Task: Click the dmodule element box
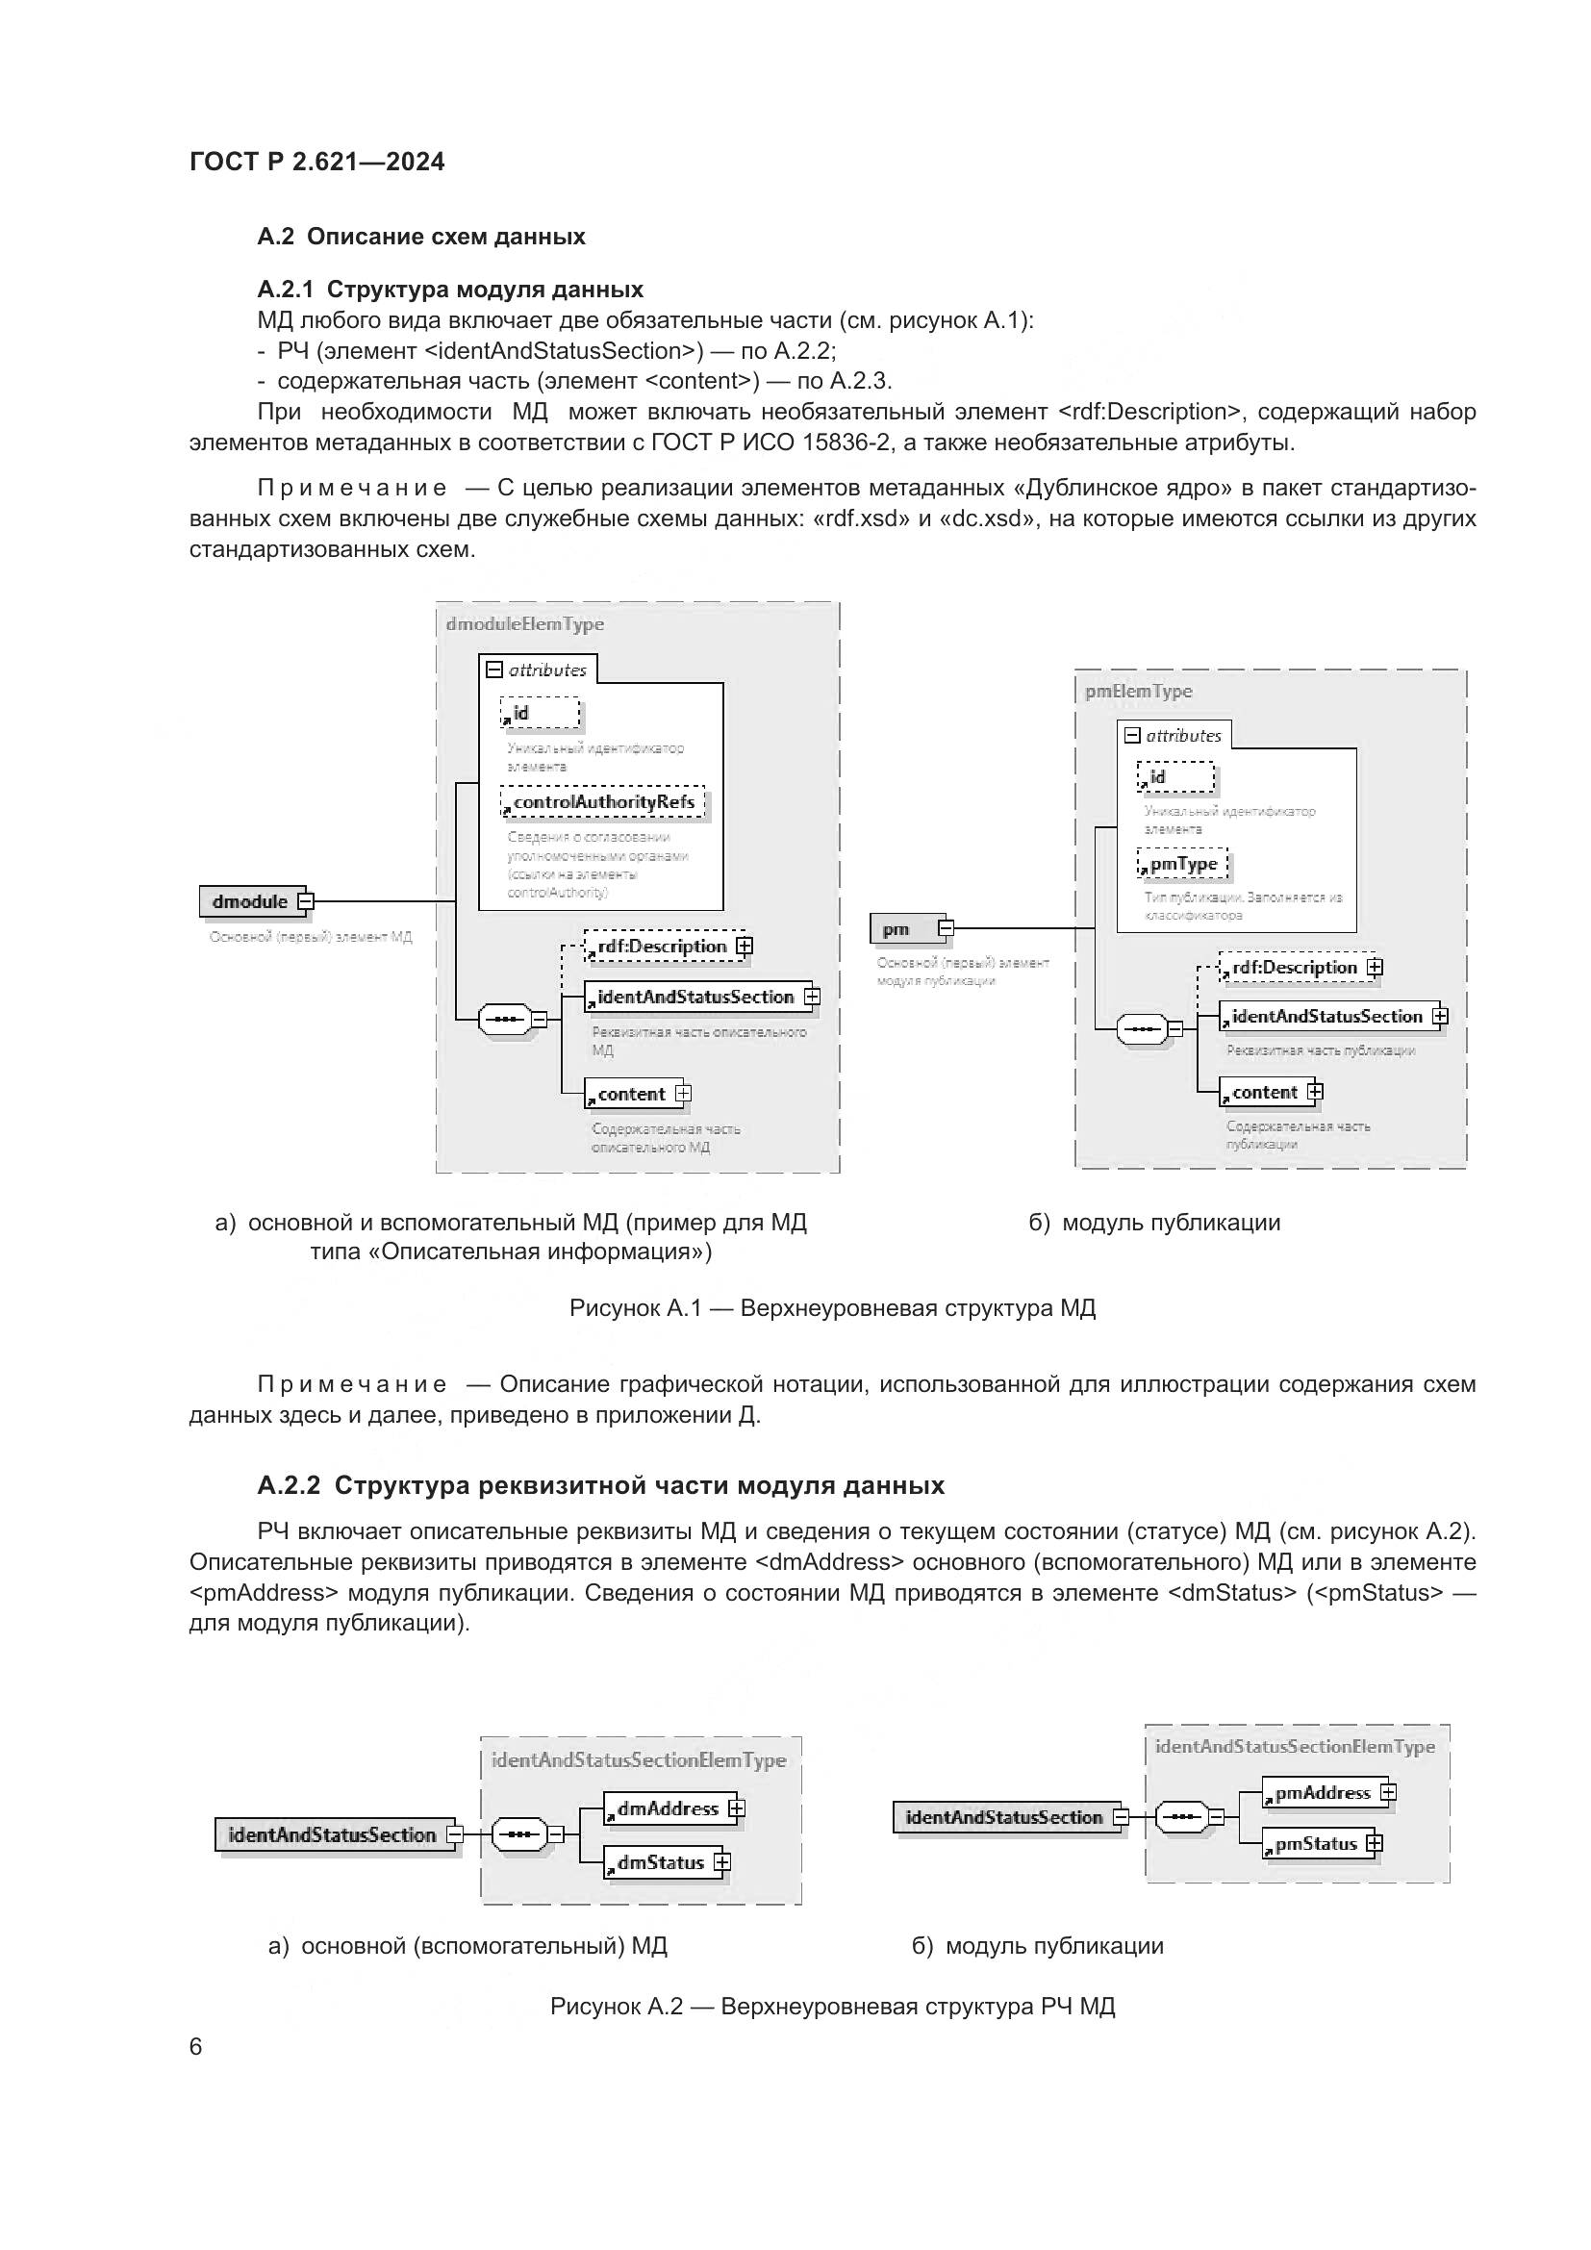251,901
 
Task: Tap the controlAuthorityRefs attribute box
602,802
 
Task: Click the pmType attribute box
1182,865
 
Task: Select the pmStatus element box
1315,1844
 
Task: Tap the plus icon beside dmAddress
737,1808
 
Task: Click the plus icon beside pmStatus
1375,1844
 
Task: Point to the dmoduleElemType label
524,624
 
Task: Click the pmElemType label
1138,691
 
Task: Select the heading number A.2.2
288,1485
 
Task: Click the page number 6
196,2046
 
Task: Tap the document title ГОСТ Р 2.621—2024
316,162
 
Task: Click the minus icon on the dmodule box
306,901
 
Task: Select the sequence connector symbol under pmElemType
1142,1030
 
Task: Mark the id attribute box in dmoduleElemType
540,714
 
